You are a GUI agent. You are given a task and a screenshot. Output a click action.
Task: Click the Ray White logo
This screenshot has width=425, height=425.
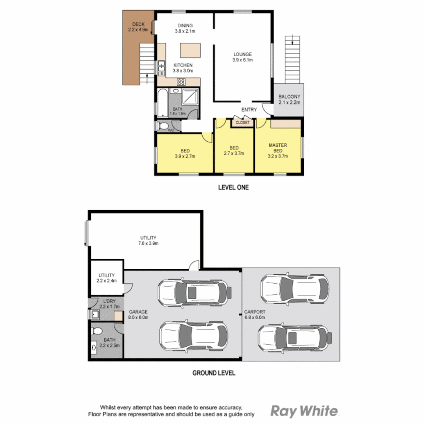[304, 411]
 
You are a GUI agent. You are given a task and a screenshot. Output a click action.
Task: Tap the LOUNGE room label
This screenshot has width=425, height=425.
[242, 54]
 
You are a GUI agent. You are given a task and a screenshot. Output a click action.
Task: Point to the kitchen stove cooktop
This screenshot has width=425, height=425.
[182, 82]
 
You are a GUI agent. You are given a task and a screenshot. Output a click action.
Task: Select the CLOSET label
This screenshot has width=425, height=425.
[242, 123]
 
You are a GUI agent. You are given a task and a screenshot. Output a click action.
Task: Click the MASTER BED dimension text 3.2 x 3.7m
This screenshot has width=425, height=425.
[278, 156]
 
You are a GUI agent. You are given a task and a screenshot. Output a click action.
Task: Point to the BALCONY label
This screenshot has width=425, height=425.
[289, 97]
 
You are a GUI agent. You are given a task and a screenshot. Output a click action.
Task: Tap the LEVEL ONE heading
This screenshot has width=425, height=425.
[233, 188]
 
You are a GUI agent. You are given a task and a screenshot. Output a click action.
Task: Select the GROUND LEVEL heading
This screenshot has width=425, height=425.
[214, 373]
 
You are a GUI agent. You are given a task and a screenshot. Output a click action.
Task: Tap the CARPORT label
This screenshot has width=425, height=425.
[255, 312]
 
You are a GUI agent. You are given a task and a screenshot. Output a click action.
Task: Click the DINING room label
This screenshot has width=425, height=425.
[185, 26]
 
